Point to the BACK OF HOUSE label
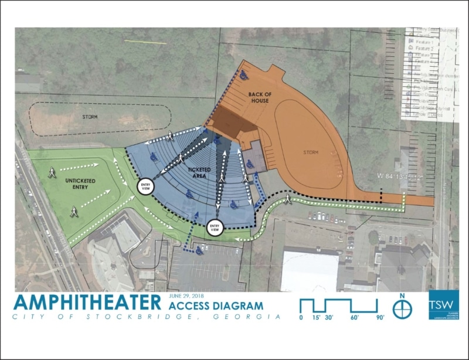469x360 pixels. click(x=259, y=97)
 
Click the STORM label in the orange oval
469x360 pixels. click(x=311, y=152)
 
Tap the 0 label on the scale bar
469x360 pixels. click(x=301, y=317)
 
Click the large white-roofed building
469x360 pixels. click(x=310, y=270)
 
